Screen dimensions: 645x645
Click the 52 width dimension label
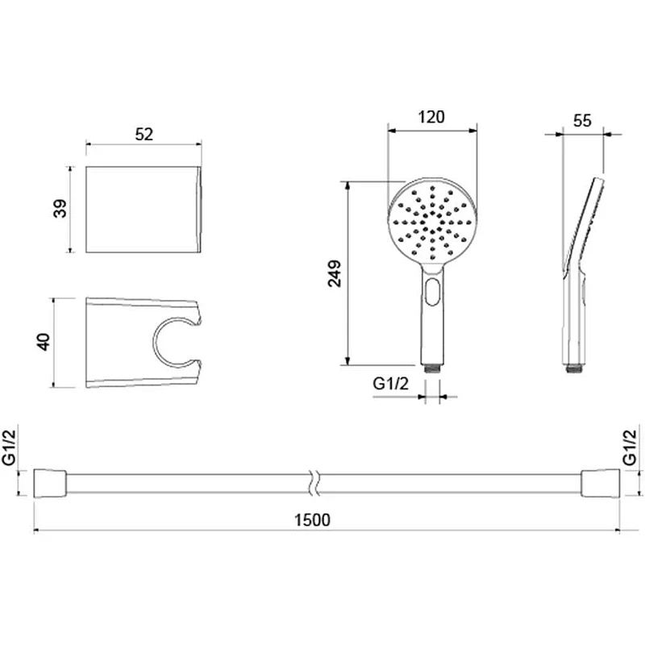tap(144, 135)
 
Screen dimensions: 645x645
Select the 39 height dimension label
tap(60, 209)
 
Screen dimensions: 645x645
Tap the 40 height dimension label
tap(44, 342)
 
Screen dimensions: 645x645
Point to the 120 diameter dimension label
tap(431, 117)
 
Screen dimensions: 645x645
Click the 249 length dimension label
tap(335, 273)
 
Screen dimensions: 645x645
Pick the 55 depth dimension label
tap(582, 121)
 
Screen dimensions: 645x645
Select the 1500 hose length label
tap(312, 520)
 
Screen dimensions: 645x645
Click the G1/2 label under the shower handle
tap(391, 384)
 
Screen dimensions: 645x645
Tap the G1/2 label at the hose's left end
tap(9, 447)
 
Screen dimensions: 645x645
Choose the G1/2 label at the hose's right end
tap(630, 447)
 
